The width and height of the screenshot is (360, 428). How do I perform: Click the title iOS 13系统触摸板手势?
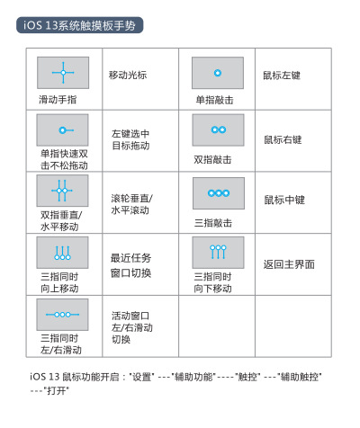pos(79,25)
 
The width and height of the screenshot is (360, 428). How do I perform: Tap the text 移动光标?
pos(128,75)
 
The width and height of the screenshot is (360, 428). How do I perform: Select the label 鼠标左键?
pos(282,76)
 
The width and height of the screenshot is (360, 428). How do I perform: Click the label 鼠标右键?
pos(283,139)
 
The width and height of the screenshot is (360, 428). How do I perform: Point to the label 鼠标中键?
pos(284,200)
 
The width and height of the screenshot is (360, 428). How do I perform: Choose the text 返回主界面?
pos(289,264)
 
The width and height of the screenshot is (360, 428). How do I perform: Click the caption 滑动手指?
pos(58,100)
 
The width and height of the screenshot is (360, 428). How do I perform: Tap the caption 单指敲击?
pos(214,100)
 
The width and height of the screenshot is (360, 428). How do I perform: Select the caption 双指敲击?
pos(212,160)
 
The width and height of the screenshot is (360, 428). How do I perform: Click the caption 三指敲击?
pos(213,223)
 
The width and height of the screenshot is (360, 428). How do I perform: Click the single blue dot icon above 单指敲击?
pos(218,73)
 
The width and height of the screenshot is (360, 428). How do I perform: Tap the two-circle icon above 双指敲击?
pos(219,129)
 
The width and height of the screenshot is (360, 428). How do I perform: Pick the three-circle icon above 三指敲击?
pos(219,193)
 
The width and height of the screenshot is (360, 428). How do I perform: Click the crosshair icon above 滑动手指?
pos(63,73)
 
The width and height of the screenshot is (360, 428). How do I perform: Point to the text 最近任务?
pos(130,258)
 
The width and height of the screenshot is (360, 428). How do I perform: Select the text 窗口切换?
pos(130,273)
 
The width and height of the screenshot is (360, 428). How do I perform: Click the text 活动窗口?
pos(130,316)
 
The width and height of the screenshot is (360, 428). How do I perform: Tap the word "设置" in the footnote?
pos(142,377)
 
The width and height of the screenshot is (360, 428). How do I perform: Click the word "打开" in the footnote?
pos(57,391)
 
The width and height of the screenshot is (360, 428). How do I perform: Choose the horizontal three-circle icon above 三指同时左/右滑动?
pos(62,315)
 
